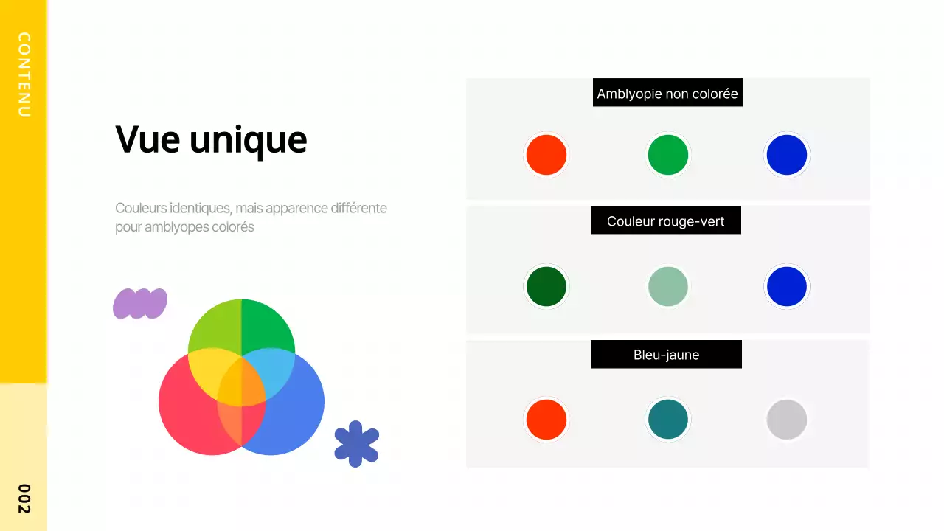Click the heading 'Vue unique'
coord(211,139)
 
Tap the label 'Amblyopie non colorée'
coord(667,94)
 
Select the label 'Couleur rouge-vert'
coord(666,221)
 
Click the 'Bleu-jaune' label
coord(666,355)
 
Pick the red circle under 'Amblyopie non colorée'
coord(546,155)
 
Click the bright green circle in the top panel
coord(668,155)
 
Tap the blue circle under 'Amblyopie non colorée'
coord(787,155)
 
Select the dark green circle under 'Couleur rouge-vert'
coord(546,287)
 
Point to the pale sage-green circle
coord(668,287)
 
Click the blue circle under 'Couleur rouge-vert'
coord(787,287)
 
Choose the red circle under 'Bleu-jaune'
coord(546,420)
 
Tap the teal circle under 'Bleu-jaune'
coord(668,420)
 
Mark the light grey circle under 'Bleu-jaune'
coord(787,420)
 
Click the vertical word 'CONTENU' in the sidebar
coord(24,74)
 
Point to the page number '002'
coord(24,499)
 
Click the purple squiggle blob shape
coord(140,303)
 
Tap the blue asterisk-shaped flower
coord(356,443)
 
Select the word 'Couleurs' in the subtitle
coord(140,208)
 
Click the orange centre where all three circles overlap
coord(241,381)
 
